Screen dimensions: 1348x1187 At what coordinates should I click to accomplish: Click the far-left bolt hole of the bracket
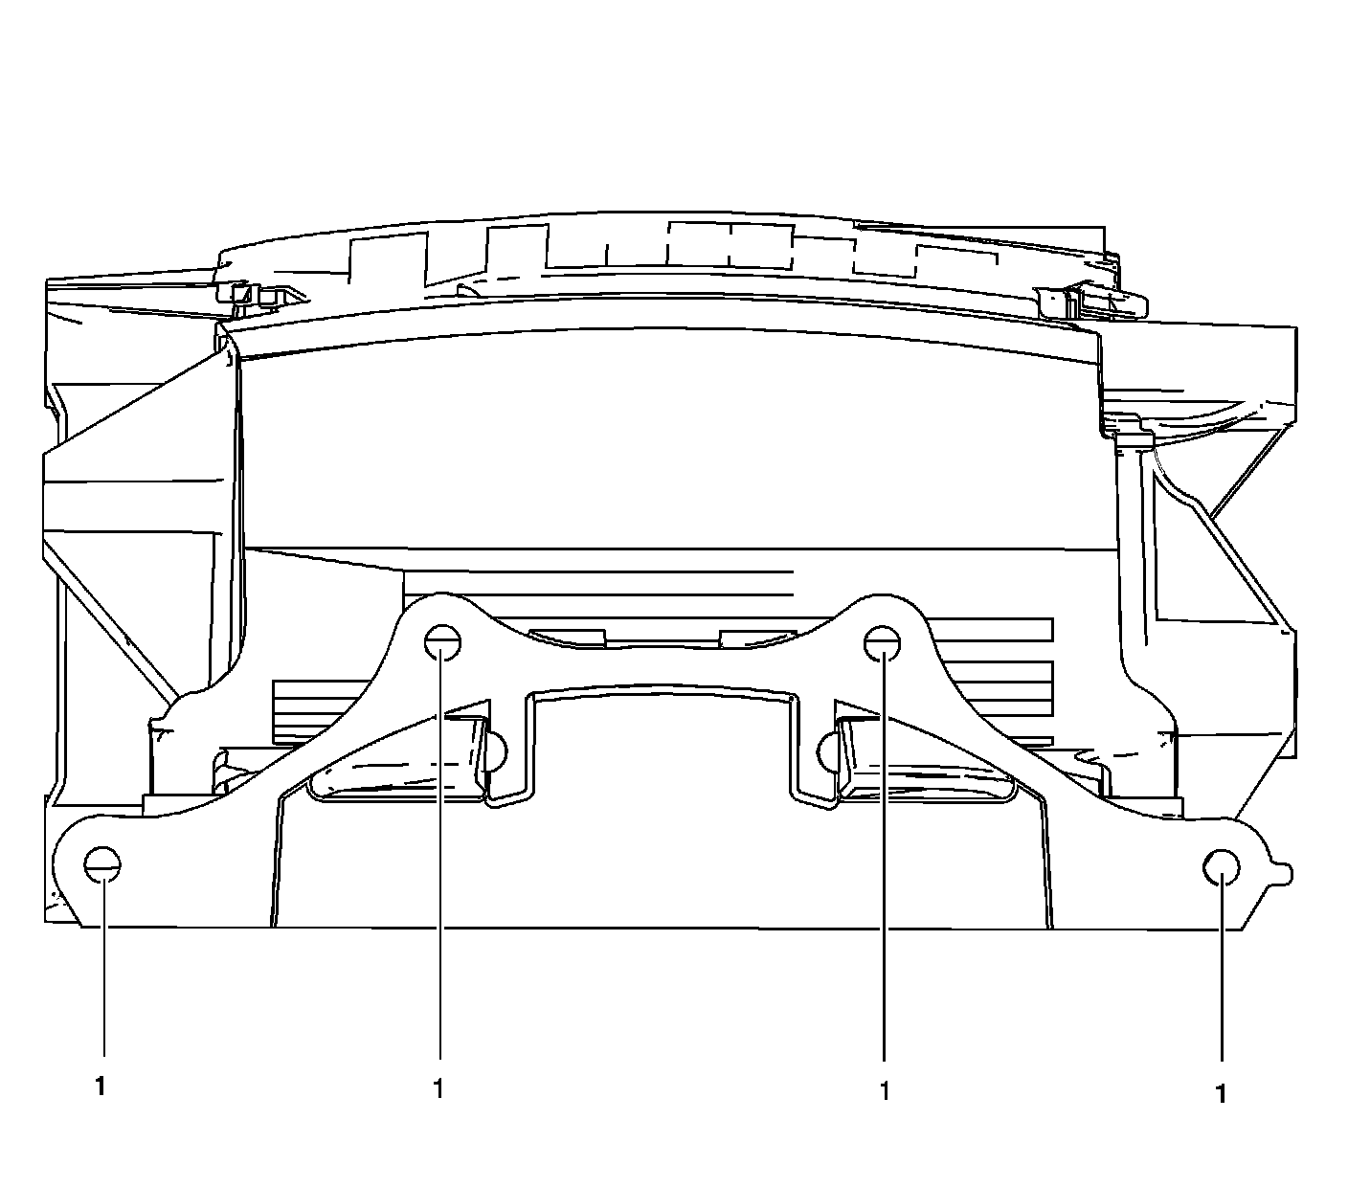tap(102, 865)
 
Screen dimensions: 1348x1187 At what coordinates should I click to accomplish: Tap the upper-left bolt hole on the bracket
tap(442, 643)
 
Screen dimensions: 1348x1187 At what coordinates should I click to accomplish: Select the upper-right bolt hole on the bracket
tap(883, 644)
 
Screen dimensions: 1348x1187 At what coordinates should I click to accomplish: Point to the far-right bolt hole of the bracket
tap(1222, 867)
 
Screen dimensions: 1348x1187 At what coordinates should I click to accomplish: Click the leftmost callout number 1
tap(101, 1087)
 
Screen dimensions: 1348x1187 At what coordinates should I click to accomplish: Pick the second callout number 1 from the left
tap(438, 1089)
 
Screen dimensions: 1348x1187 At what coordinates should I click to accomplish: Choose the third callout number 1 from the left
tap(885, 1091)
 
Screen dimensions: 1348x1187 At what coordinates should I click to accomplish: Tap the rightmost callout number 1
tap(1221, 1094)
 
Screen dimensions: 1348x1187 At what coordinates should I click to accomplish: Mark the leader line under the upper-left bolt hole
tap(440, 851)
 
